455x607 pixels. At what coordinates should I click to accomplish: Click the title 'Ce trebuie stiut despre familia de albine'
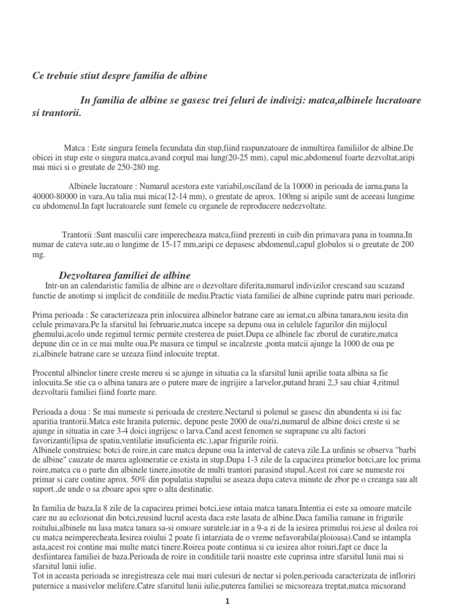(120, 76)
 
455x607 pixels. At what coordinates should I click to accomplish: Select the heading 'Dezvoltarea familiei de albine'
(124, 276)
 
